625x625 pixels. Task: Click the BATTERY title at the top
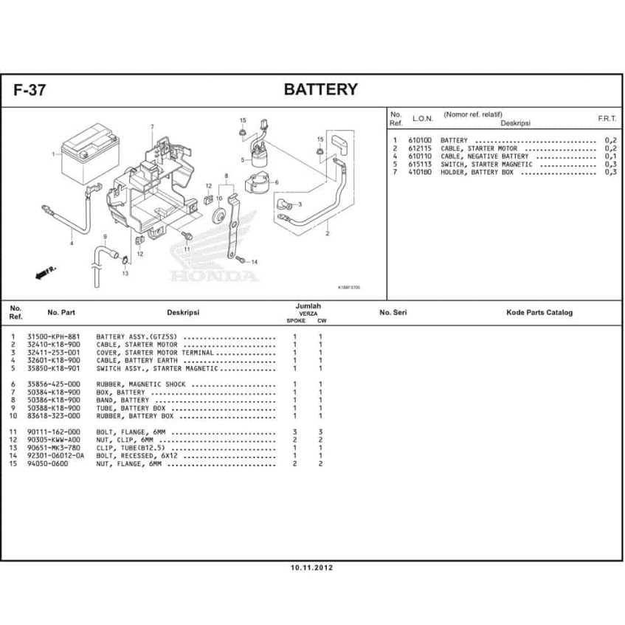[320, 90]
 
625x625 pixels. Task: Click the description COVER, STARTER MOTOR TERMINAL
[155, 353]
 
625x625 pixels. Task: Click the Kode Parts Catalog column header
[539, 313]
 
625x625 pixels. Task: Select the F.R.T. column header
[607, 119]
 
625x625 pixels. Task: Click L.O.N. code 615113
[423, 165]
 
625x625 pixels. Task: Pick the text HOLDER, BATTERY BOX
[477, 172]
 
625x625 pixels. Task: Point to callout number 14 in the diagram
[253, 262]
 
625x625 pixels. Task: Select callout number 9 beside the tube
[105, 237]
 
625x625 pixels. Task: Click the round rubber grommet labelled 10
[219, 217]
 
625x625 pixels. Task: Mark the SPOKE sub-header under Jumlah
[296, 321]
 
